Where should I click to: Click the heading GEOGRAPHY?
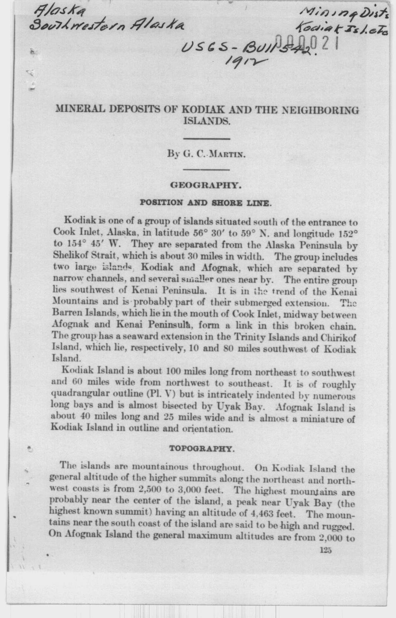pos(205,185)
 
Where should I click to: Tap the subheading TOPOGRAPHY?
pos(202,449)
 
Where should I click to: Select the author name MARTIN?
pos(229,154)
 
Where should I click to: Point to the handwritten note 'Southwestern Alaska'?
pos(108,25)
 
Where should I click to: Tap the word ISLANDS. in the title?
pos(207,122)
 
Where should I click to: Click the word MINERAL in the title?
pos(80,110)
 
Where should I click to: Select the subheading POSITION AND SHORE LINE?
pos(205,202)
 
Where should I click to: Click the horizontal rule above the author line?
pos(207,139)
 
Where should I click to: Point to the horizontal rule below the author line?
pos(207,169)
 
